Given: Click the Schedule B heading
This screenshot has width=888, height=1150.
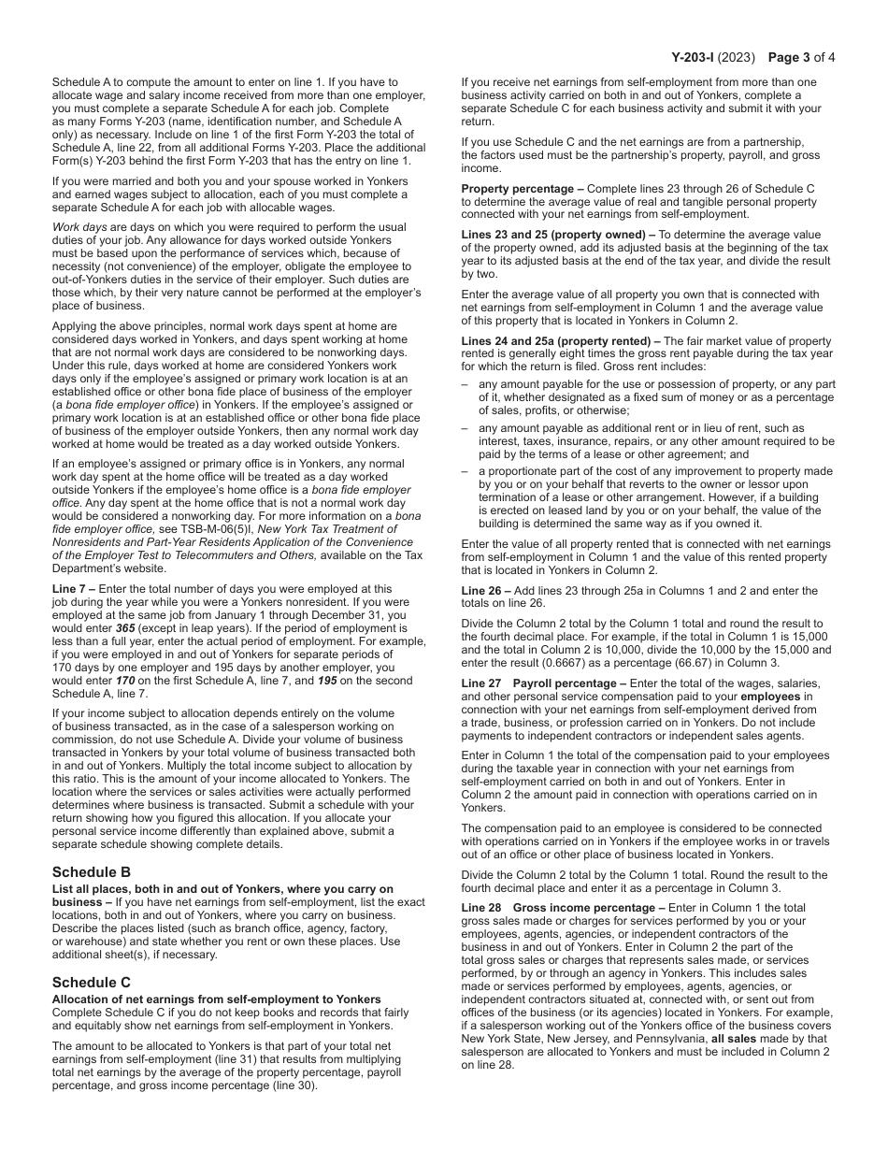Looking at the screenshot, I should (92, 871).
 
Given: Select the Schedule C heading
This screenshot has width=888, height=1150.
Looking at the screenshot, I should (92, 982).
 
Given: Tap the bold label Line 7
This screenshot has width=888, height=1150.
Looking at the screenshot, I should (71, 589).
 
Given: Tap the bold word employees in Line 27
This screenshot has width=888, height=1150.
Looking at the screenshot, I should (771, 697).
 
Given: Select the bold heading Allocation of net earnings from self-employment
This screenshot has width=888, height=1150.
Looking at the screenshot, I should (216, 999).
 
